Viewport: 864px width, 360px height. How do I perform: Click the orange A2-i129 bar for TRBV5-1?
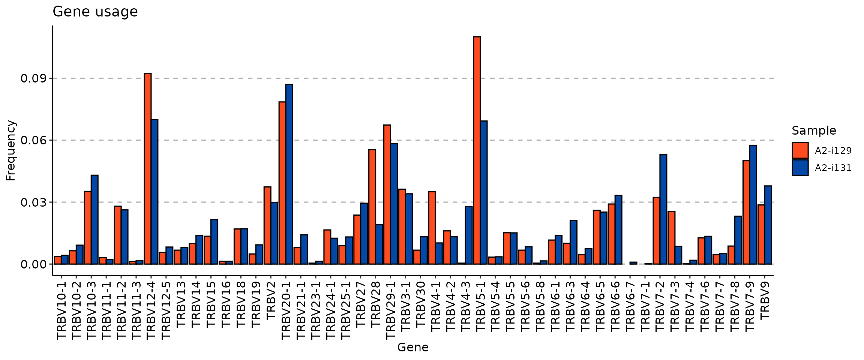pyautogui.click(x=477, y=150)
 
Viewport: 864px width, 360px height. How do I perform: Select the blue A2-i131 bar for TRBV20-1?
pyautogui.click(x=289, y=174)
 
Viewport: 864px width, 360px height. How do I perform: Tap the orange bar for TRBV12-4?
pyautogui.click(x=148, y=169)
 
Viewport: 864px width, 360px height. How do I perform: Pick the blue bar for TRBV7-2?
pyautogui.click(x=663, y=209)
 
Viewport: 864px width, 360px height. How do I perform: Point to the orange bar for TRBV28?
pyautogui.click(x=372, y=207)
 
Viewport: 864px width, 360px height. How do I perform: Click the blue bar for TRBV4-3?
pyautogui.click(x=469, y=235)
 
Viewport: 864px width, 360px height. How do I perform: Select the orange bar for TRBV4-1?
pyautogui.click(x=432, y=228)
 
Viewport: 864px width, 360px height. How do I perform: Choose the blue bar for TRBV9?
pyautogui.click(x=768, y=225)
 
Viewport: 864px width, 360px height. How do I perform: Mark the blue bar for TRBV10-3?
pyautogui.click(x=94, y=219)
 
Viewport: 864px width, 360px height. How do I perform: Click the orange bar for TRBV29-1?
pyautogui.click(x=387, y=194)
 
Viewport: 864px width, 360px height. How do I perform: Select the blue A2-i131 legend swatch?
pyautogui.click(x=800, y=168)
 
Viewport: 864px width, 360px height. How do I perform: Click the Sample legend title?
pyautogui.click(x=814, y=130)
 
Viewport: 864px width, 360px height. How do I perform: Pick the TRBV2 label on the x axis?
pyautogui.click(x=271, y=300)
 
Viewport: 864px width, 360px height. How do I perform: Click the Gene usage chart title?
pyautogui.click(x=95, y=12)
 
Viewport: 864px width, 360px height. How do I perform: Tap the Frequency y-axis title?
pyautogui.click(x=10, y=150)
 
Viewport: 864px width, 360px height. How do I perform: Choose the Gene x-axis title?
pyautogui.click(x=412, y=348)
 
